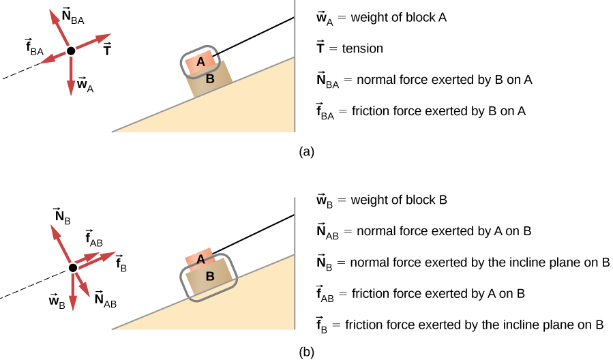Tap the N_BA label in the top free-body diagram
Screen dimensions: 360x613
coord(72,16)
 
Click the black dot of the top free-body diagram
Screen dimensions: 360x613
coord(70,51)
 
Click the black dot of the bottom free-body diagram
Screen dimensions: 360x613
coord(72,269)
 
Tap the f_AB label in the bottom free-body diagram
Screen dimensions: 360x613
coord(94,238)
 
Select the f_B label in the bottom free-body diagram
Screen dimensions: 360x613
coord(120,262)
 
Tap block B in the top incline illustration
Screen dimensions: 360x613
coord(211,80)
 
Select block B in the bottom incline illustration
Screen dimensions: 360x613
coord(210,277)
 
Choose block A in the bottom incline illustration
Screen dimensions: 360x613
coord(200,259)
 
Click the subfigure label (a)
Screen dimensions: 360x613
coord(306,152)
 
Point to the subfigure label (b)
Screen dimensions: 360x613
coord(306,352)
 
